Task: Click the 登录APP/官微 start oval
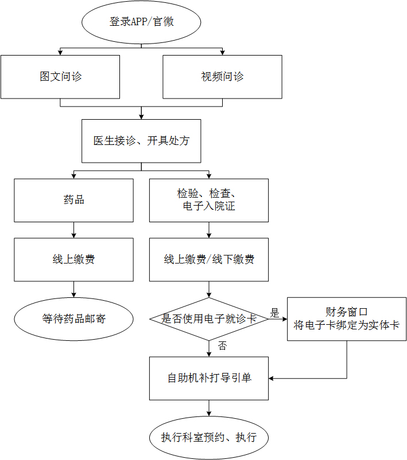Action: (x=141, y=22)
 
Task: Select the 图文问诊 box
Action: (x=60, y=77)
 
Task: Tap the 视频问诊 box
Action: (x=222, y=77)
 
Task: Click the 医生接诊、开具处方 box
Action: (x=141, y=141)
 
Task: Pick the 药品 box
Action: (x=73, y=200)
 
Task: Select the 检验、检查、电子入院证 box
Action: (x=208, y=200)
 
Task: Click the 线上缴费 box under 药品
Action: (x=73, y=260)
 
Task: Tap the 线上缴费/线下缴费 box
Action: (x=208, y=260)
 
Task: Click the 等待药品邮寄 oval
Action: (x=73, y=319)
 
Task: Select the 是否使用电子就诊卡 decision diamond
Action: (x=208, y=319)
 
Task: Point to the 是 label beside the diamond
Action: (x=274, y=313)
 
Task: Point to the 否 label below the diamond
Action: (x=223, y=345)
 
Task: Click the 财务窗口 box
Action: (x=346, y=319)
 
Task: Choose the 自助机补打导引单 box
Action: (x=208, y=378)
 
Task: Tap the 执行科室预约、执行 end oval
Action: (x=208, y=438)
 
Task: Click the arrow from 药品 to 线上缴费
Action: (x=73, y=230)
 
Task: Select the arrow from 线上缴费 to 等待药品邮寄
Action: (x=73, y=289)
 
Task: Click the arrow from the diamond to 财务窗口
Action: (x=278, y=319)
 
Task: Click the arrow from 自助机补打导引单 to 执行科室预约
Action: (x=208, y=408)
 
